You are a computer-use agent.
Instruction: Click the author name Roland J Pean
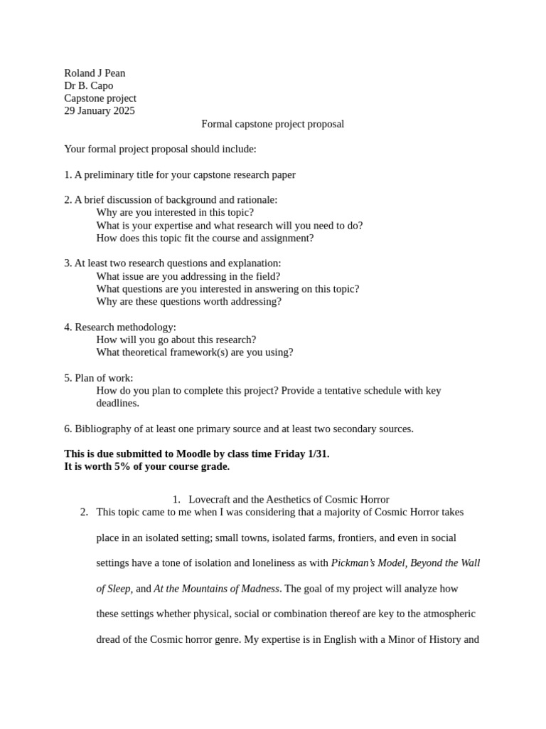pos(95,73)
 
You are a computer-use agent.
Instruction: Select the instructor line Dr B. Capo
pos(89,86)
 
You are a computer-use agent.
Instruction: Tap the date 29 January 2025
pos(100,111)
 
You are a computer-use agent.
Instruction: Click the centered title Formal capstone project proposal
pos(272,124)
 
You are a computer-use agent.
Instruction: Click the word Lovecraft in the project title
pos(211,500)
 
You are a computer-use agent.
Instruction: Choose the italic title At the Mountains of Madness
pos(216,589)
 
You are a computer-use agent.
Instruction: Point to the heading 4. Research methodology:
pos(120,327)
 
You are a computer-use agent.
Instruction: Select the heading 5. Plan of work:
pos(99,378)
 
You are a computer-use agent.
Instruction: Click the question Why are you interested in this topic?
pos(175,212)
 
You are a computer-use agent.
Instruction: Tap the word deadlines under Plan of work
pos(117,404)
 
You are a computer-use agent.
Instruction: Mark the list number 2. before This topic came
pos(84,512)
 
